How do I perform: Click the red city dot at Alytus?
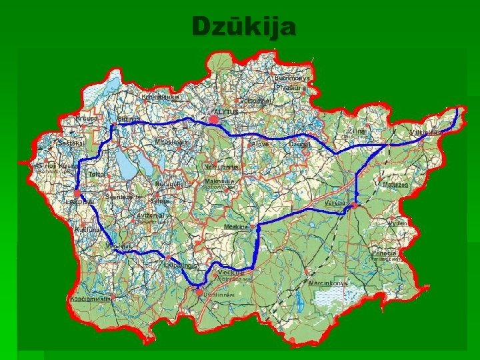[213, 119]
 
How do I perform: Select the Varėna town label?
[334, 202]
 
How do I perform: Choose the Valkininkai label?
[425, 133]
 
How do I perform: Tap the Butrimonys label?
[293, 78]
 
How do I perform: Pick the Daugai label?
[299, 144]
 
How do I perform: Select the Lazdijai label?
[80, 202]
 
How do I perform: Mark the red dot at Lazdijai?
[77, 193]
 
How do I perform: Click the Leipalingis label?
[181, 265]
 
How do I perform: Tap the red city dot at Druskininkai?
[199, 291]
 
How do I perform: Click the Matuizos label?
[395, 184]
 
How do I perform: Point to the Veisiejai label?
[118, 245]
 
